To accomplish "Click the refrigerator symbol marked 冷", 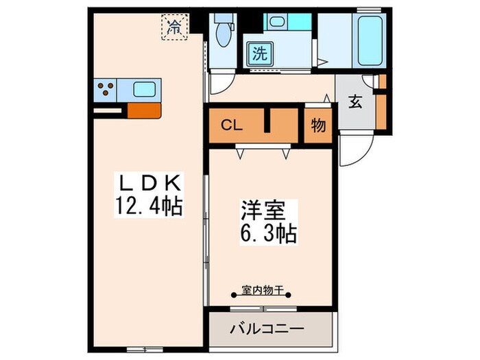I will pyautogui.click(x=175, y=27).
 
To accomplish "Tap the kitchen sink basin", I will pyautogui.click(x=145, y=89).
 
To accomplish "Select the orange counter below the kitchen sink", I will pyautogui.click(x=144, y=110).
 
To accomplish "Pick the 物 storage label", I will pyautogui.click(x=317, y=126).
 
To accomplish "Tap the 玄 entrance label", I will pyautogui.click(x=355, y=102).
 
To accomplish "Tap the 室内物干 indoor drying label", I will pyautogui.click(x=263, y=291).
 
